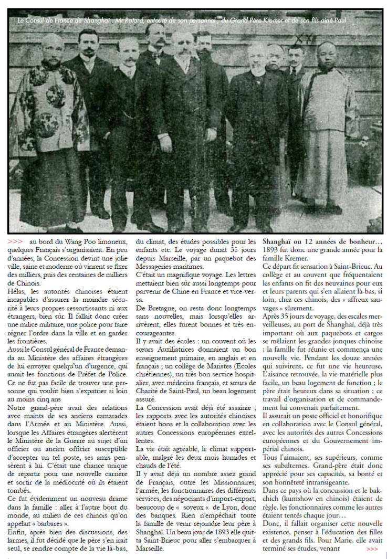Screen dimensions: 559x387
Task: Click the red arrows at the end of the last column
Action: [x=372, y=549]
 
